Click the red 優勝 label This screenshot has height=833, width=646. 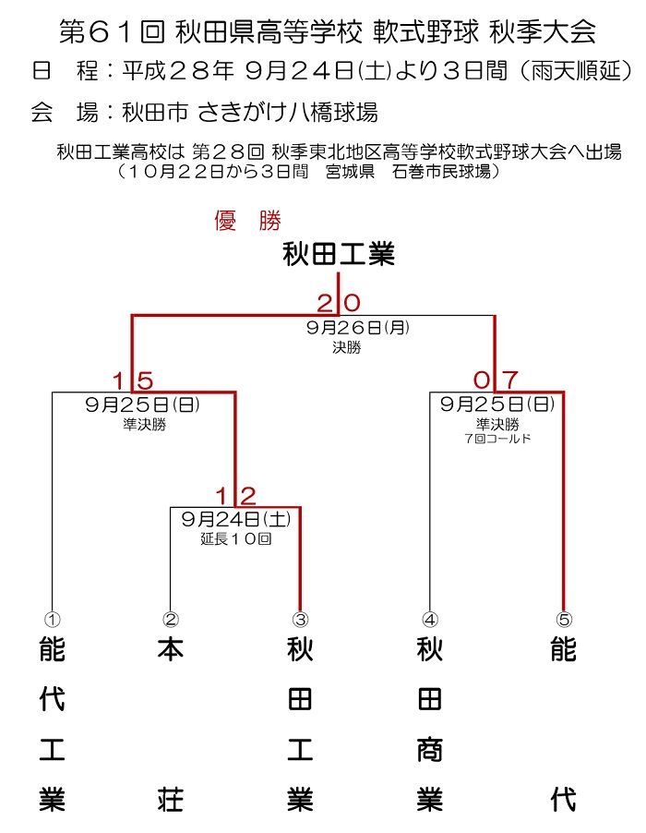248,221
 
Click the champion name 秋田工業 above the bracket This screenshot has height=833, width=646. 339,253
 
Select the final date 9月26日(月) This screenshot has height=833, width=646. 358,327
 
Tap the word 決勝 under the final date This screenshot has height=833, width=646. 347,347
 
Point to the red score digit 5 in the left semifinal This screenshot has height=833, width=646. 145,380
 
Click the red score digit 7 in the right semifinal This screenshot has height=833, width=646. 510,380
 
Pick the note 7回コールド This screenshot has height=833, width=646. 497,439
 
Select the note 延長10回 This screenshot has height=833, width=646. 236,539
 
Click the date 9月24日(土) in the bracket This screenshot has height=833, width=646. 236,519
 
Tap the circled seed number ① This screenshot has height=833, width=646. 52,620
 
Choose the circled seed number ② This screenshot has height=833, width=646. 171,620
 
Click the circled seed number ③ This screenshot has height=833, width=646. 301,620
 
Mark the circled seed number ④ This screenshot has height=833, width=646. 430,620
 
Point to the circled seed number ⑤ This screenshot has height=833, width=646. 564,620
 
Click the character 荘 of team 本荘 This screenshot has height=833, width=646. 171,800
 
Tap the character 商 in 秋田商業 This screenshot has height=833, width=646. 430,750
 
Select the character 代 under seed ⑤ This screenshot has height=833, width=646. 564,800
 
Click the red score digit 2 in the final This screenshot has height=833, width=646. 324,303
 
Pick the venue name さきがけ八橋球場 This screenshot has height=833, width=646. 287,112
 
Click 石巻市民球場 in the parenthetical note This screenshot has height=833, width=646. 441,172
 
